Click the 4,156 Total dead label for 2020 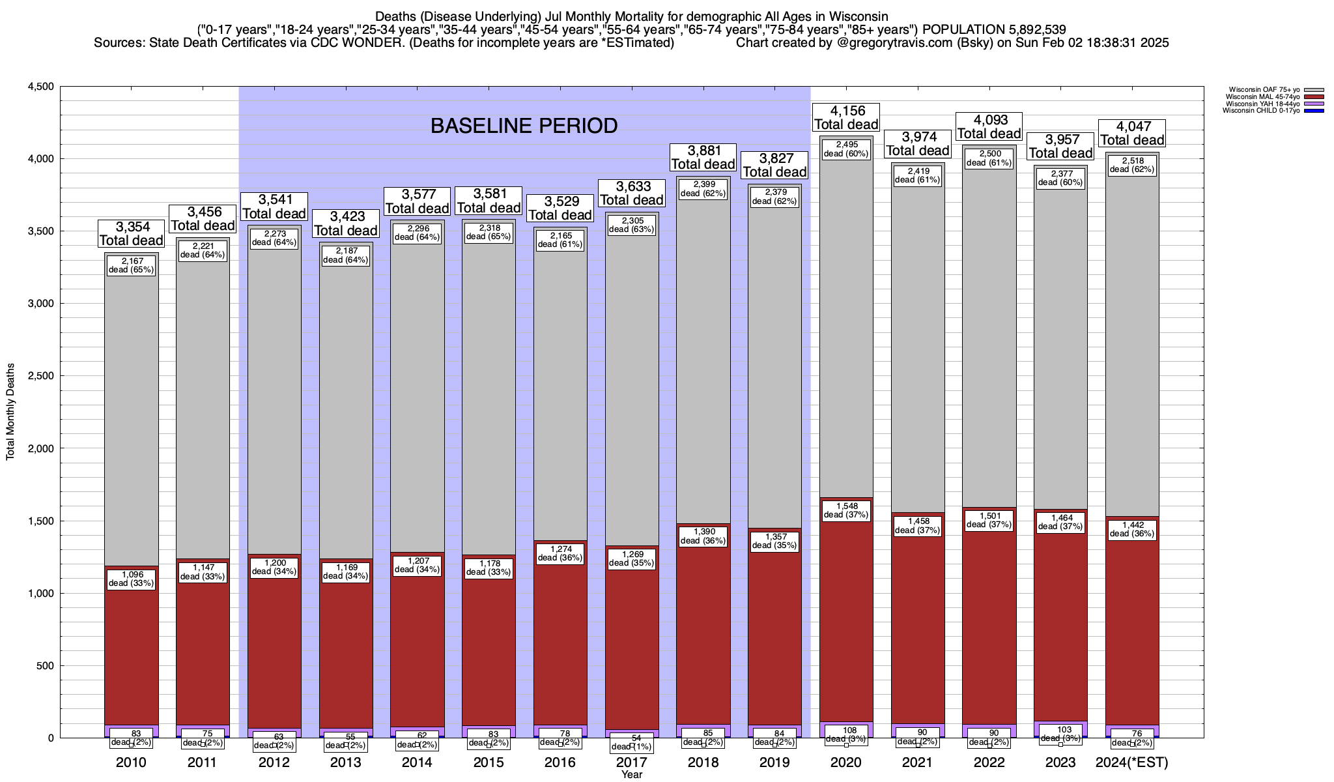pyautogui.click(x=846, y=117)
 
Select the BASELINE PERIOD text pyautogui.click(x=524, y=126)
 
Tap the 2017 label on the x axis pyautogui.click(x=631, y=762)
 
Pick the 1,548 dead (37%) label pyautogui.click(x=846, y=510)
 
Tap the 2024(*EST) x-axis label pyautogui.click(x=1132, y=762)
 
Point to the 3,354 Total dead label pyautogui.click(x=132, y=233)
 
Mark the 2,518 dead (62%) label pyautogui.click(x=1132, y=165)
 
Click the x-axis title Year pyautogui.click(x=631, y=774)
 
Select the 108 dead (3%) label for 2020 pyautogui.click(x=846, y=734)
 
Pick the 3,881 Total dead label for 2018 pyautogui.click(x=703, y=157)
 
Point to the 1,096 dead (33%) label pyautogui.click(x=131, y=579)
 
